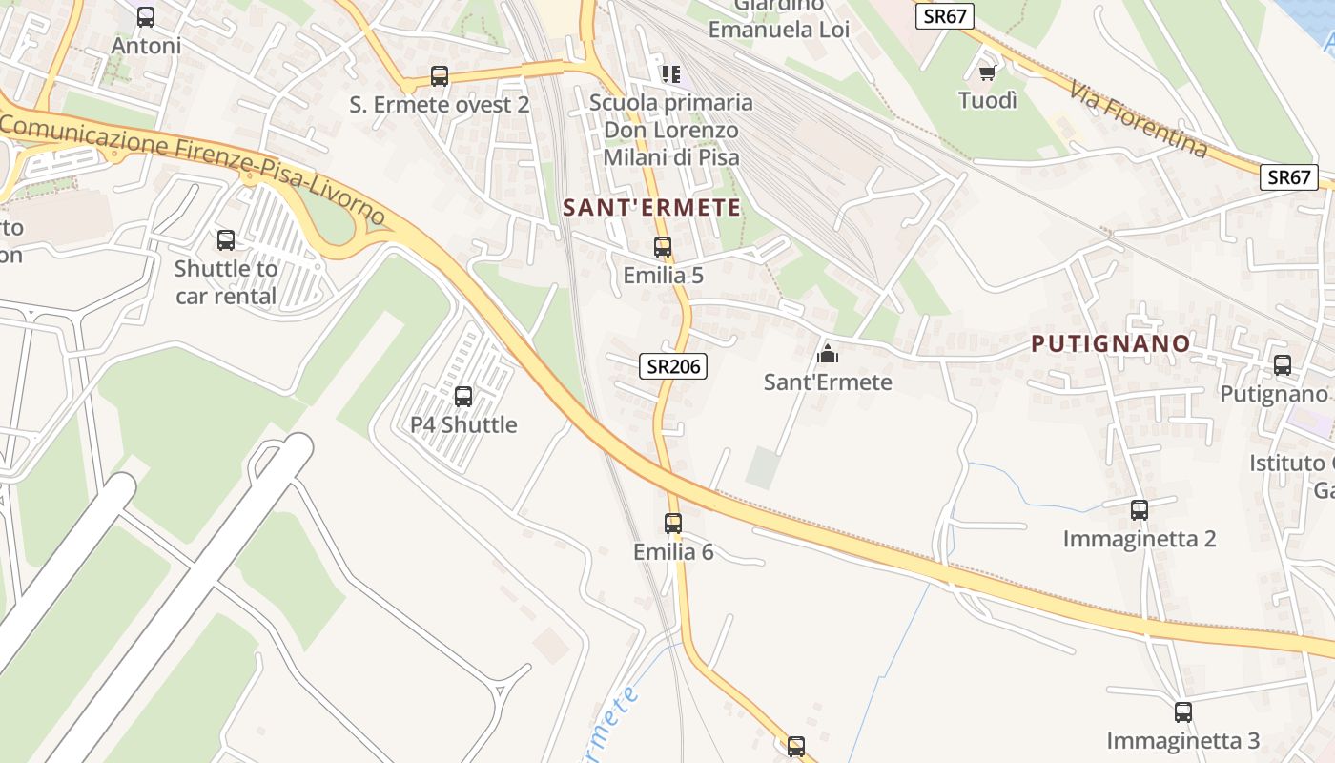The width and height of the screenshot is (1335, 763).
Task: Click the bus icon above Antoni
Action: pyautogui.click(x=146, y=17)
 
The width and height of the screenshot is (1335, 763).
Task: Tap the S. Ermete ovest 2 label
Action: pyautogui.click(x=440, y=105)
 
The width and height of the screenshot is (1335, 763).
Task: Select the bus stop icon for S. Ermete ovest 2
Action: pyautogui.click(x=440, y=76)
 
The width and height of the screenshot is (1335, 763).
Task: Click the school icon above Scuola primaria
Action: pyautogui.click(x=671, y=73)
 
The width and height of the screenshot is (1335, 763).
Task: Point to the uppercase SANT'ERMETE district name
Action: pyautogui.click(x=652, y=207)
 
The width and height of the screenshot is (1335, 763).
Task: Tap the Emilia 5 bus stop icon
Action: pyautogui.click(x=663, y=247)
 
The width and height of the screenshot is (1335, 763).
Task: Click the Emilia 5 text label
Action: pyautogui.click(x=663, y=276)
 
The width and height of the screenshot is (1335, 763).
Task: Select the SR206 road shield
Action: pyautogui.click(x=673, y=365)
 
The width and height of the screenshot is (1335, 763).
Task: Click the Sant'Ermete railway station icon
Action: pyautogui.click(x=828, y=354)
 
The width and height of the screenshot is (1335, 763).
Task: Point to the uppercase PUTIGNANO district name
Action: pyautogui.click(x=1112, y=343)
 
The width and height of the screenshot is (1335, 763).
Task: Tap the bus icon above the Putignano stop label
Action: pyautogui.click(x=1283, y=365)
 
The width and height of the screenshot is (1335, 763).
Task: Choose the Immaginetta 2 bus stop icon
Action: pyautogui.click(x=1140, y=510)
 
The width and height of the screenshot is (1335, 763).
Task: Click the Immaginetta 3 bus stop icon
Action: pyautogui.click(x=1183, y=712)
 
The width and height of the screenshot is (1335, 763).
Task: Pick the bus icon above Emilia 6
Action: pyautogui.click(x=673, y=523)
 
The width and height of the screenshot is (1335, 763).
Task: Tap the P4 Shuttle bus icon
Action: pyautogui.click(x=463, y=396)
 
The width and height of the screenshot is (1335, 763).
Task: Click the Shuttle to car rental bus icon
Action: pyautogui.click(x=226, y=240)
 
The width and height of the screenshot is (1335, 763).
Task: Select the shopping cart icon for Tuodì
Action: pyautogui.click(x=988, y=72)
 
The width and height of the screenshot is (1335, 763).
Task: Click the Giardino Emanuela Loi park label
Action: pyautogui.click(x=778, y=18)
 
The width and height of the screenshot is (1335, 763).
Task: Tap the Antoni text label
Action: pyautogui.click(x=146, y=46)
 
